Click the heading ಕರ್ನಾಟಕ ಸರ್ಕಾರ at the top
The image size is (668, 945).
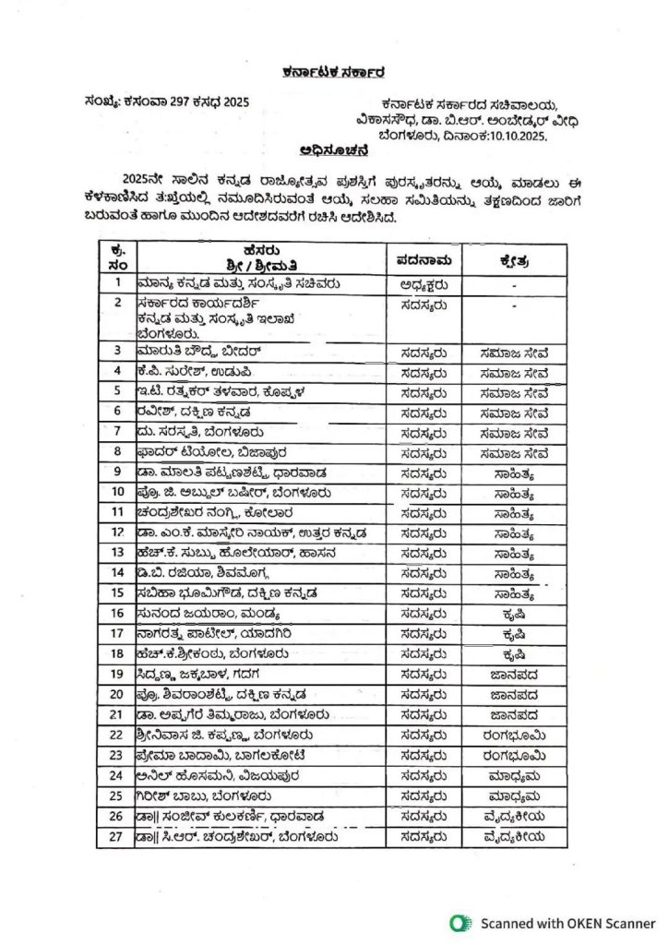pyautogui.click(x=333, y=73)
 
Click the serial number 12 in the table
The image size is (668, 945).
pyautogui.click(x=117, y=532)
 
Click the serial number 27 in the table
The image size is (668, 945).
pyautogui.click(x=117, y=837)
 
